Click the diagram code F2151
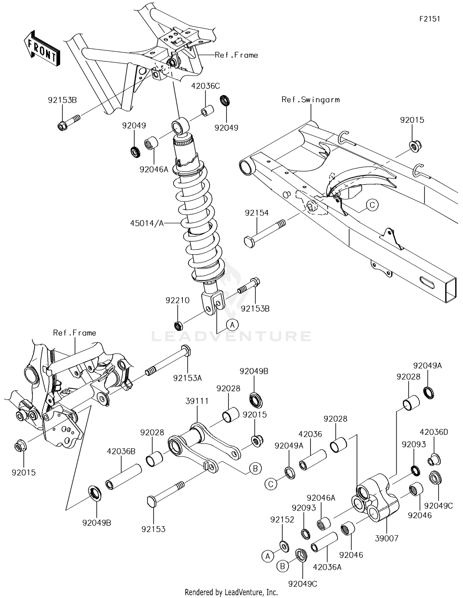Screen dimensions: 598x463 tap(429, 19)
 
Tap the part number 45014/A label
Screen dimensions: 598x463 tap(147, 223)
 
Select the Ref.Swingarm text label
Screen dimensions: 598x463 tap(310, 100)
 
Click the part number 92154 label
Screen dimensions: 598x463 tap(257, 213)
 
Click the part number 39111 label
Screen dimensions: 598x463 tap(197, 401)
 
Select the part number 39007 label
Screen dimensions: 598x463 tap(386, 538)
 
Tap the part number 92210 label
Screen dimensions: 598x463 tap(177, 300)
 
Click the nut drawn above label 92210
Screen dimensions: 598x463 tap(178, 325)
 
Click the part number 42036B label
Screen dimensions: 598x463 tap(121, 451)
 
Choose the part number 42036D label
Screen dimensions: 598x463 tap(434, 432)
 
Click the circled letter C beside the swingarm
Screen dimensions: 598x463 tap(372, 205)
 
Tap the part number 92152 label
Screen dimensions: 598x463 tap(282, 520)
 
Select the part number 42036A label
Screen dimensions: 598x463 tap(327, 567)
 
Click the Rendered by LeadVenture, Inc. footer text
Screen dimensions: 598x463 tap(231, 592)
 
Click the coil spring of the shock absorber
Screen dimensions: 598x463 tap(198, 222)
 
